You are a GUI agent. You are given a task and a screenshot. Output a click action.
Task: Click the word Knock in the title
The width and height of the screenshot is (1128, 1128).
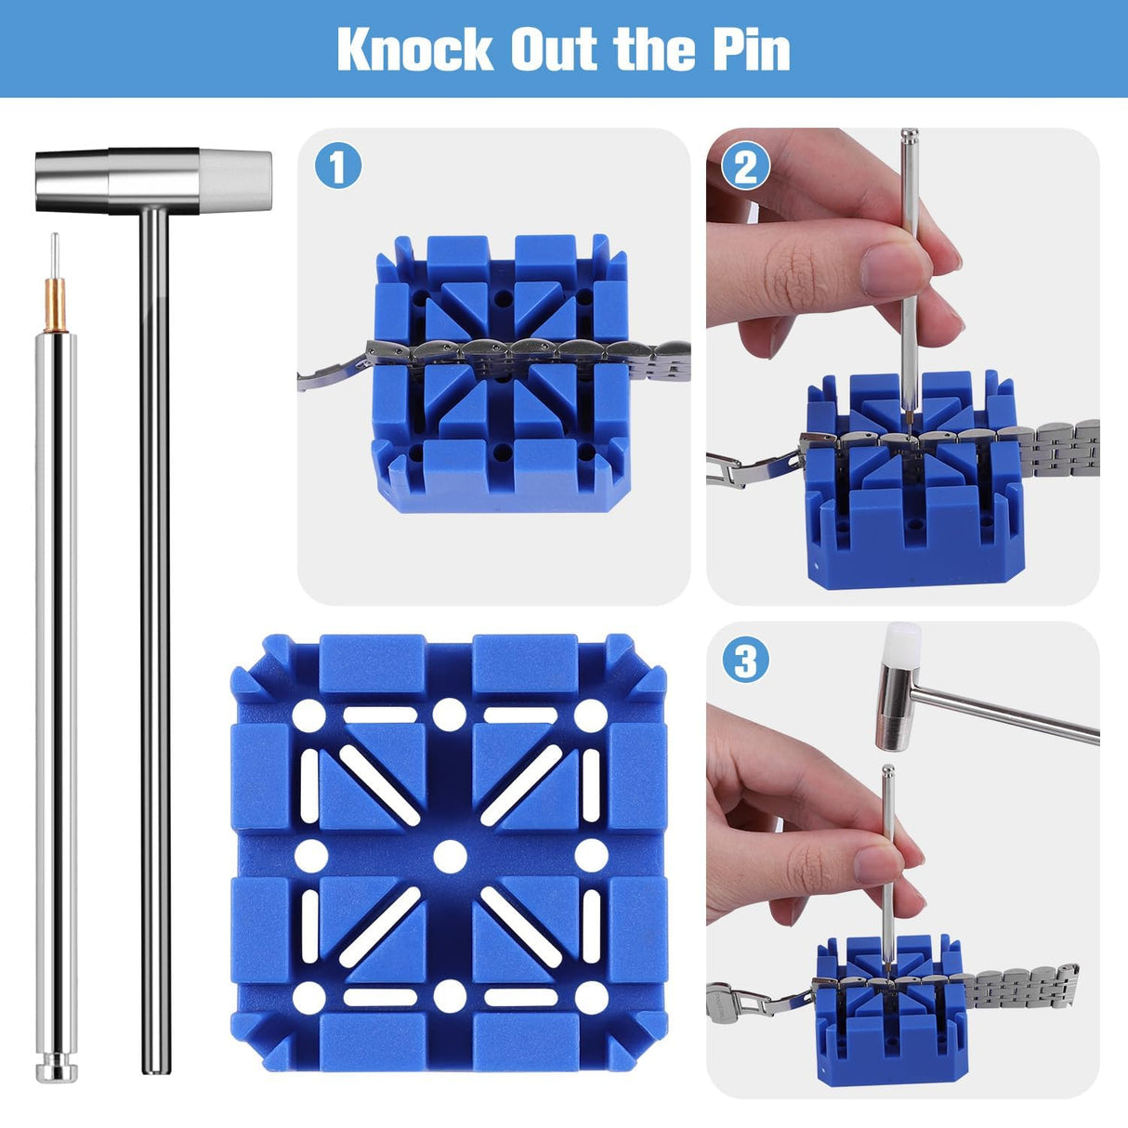coord(414,49)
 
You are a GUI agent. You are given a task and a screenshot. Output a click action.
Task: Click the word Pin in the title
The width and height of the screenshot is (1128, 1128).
coord(752,49)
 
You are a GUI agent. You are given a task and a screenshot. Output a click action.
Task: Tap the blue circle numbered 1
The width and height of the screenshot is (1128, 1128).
coord(338,168)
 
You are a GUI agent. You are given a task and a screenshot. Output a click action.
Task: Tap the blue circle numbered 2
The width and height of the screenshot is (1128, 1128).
coord(746,168)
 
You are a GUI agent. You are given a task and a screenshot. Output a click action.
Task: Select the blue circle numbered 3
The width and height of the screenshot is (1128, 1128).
coord(746,662)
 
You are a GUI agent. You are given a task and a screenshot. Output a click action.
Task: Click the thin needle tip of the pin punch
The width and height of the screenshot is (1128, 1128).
coord(55,251)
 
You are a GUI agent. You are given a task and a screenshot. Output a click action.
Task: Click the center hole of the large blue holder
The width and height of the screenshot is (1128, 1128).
coord(450,855)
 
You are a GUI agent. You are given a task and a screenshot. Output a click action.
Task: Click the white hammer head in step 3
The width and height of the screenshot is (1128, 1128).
coord(903,644)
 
